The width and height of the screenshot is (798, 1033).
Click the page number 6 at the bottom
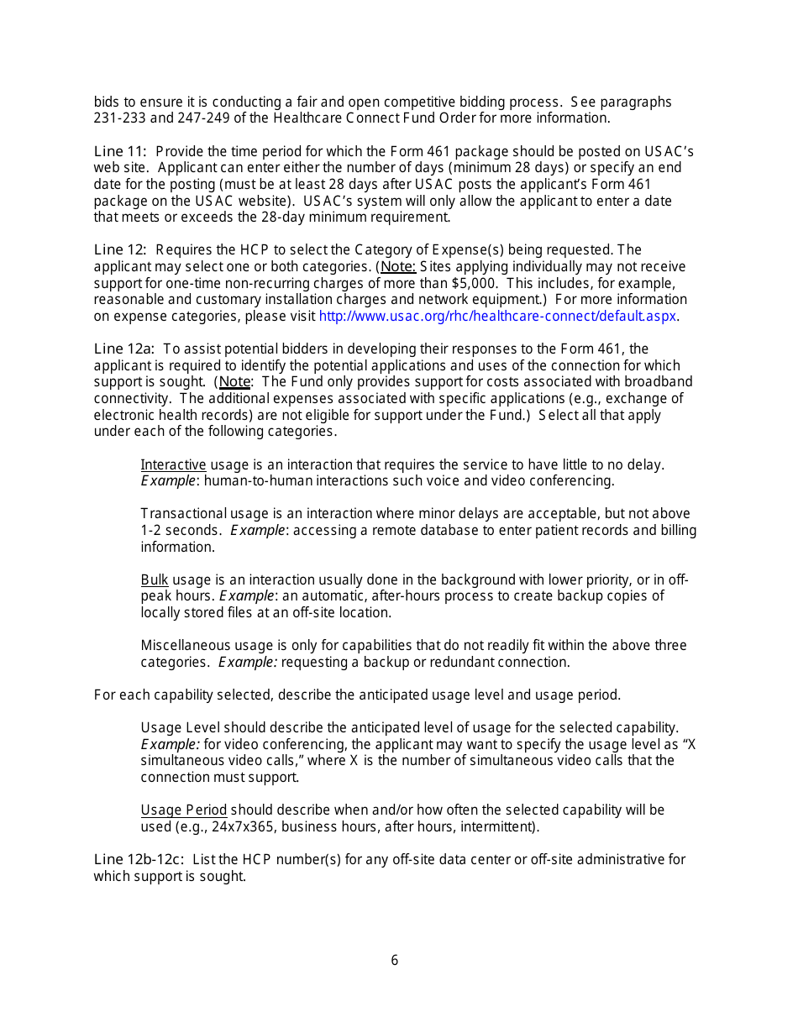click(394, 960)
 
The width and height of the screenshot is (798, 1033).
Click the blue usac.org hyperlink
click(498, 317)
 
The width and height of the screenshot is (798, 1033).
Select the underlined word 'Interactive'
click(173, 465)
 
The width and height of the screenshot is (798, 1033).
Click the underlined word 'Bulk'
click(155, 580)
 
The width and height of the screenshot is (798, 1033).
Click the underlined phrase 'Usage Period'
click(183, 810)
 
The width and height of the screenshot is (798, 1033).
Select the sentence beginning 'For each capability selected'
click(357, 695)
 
